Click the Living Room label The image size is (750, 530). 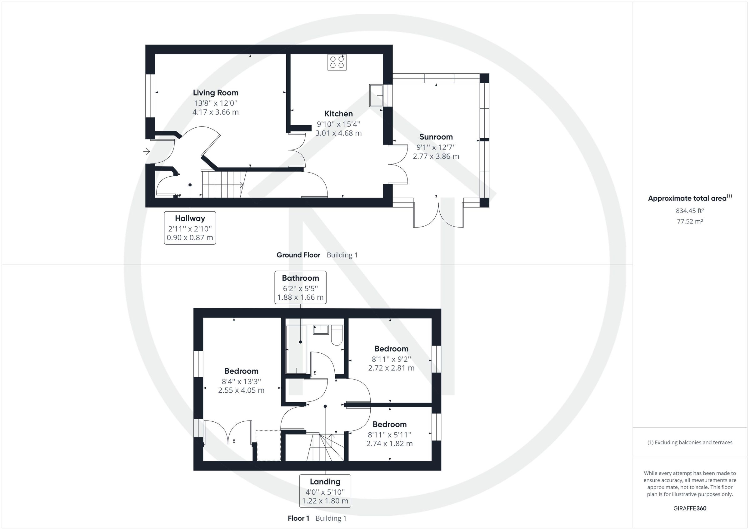click(216, 93)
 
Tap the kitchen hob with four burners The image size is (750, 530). click(337, 62)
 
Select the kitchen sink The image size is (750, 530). click(376, 95)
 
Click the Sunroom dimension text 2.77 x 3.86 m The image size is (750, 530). click(436, 156)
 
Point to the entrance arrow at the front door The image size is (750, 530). click(146, 151)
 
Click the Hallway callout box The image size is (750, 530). click(190, 228)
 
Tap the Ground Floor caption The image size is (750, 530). click(298, 255)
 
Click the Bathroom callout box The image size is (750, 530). click(300, 287)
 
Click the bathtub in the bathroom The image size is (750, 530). click(296, 349)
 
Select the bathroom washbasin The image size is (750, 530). click(321, 330)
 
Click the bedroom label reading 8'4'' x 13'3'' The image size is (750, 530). click(241, 381)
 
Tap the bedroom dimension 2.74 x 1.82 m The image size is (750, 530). click(389, 444)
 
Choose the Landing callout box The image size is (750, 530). click(325, 491)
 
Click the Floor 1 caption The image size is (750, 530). click(298, 518)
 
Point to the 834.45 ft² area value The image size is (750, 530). click(690, 211)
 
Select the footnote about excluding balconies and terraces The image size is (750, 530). click(690, 443)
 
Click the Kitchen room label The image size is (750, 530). click(338, 114)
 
